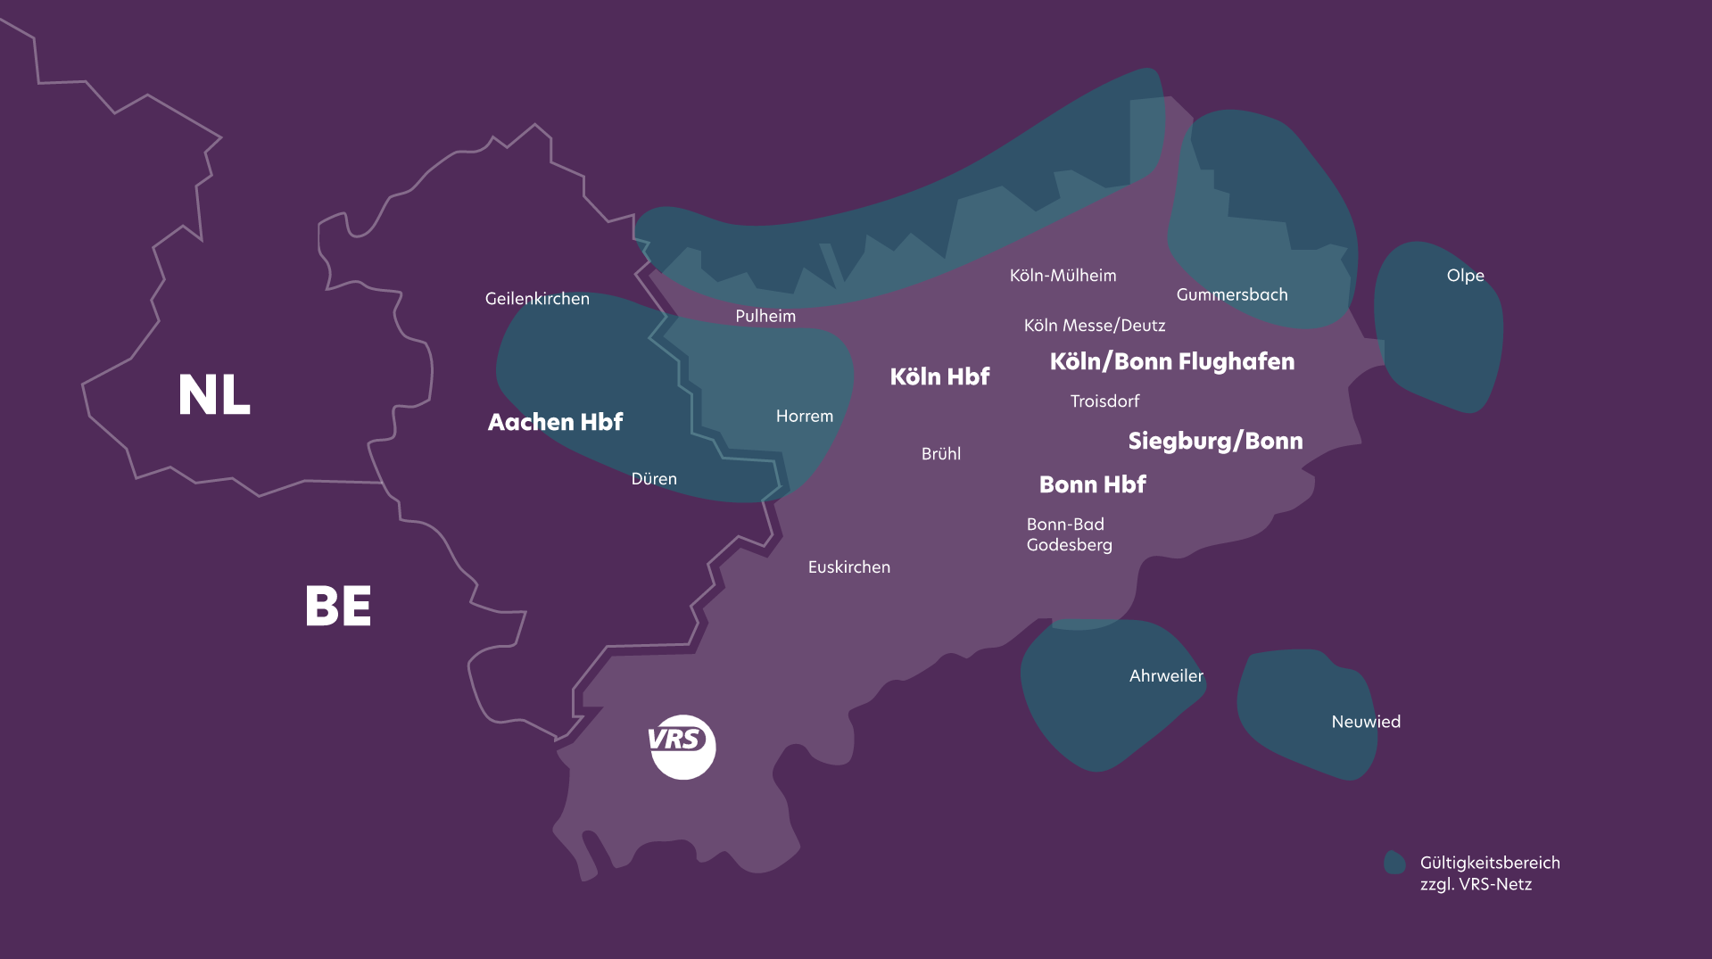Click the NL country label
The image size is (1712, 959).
214,395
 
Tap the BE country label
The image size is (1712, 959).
338,607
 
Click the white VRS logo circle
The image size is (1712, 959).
682,747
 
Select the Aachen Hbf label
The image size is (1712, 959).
555,422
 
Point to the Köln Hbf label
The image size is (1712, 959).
939,376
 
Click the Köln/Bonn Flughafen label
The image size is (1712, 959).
1171,361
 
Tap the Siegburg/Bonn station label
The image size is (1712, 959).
1215,441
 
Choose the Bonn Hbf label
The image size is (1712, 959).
1092,484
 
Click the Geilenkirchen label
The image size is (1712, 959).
537,299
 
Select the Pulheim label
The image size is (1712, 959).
765,316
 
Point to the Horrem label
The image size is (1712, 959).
804,416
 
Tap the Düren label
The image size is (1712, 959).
654,479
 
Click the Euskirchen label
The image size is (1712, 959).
848,567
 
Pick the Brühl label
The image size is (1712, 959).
940,454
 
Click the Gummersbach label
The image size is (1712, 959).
1231,294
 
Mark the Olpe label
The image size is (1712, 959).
1465,276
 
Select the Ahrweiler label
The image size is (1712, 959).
1166,676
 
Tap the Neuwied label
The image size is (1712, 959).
1365,722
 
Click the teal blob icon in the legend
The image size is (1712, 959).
1394,863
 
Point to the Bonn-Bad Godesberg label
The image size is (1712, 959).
1069,534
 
